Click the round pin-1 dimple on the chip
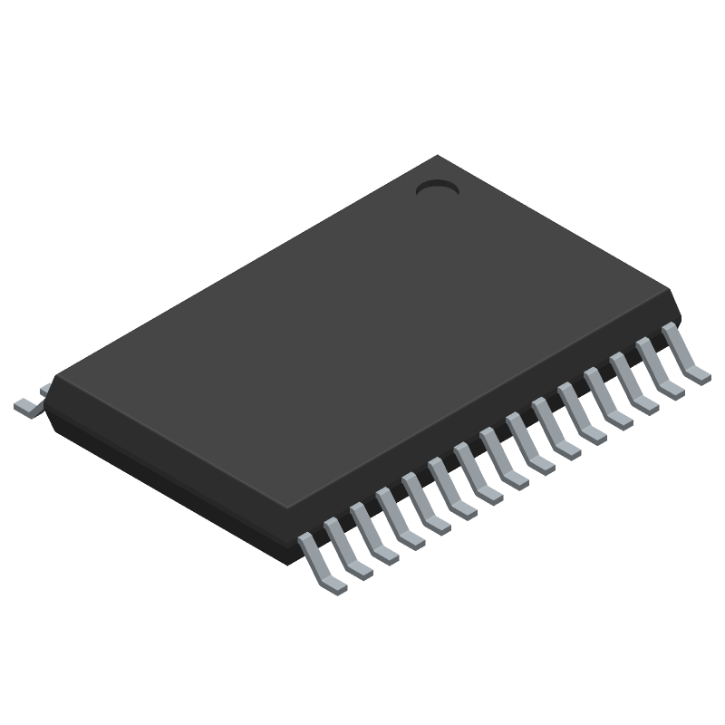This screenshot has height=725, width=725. point(437,188)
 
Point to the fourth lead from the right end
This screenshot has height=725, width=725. point(607,401)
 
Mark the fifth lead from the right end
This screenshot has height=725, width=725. point(581,416)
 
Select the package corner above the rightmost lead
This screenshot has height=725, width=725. point(674,294)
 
